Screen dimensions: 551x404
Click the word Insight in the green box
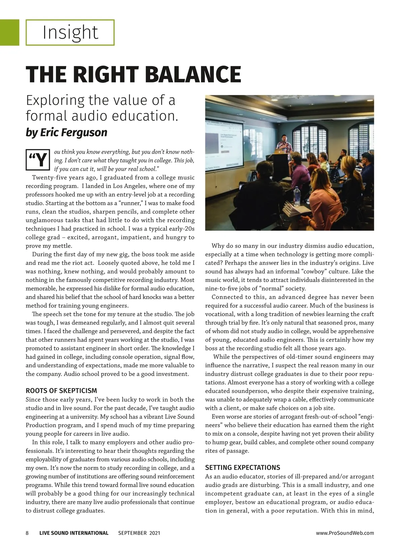point(70,33)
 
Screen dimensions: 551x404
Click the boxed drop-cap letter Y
point(38,160)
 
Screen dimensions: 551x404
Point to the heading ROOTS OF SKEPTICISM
point(61,391)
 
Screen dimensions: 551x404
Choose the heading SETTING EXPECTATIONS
point(242,467)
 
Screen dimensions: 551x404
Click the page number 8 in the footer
point(27,533)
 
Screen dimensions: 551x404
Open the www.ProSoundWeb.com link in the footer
point(345,533)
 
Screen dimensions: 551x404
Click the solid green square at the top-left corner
point(9,32)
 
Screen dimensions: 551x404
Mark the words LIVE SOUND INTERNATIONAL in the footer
point(74,533)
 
